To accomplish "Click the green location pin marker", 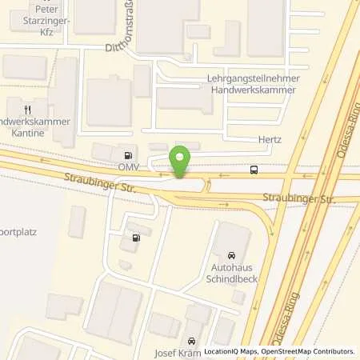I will click(x=181, y=160).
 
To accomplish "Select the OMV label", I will click(x=130, y=166).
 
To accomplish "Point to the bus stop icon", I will click(x=254, y=169).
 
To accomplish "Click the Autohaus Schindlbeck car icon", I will click(x=233, y=254).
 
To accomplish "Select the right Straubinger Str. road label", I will click(x=300, y=197).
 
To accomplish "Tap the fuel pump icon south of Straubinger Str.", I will click(x=134, y=238).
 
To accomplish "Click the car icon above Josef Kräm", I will click(x=191, y=339).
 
